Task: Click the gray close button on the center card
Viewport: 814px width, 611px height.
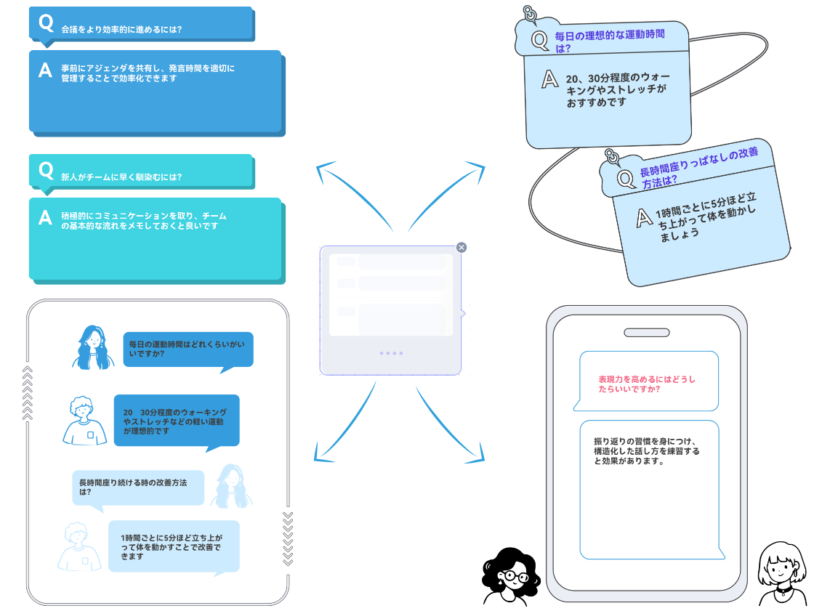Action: point(461,247)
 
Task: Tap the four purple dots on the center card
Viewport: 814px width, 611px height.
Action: point(391,353)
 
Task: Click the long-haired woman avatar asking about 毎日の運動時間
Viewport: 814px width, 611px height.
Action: point(93,347)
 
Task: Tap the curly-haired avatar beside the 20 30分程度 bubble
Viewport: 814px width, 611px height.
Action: point(84,421)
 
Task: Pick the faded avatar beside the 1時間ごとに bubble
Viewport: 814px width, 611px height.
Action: point(80,546)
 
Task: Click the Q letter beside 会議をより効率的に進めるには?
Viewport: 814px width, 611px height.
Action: point(46,23)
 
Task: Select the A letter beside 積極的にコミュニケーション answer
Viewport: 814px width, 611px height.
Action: point(45,217)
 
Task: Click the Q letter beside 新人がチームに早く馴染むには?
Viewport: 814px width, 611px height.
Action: point(46,171)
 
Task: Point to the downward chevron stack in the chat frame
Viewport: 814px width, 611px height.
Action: point(288,538)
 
